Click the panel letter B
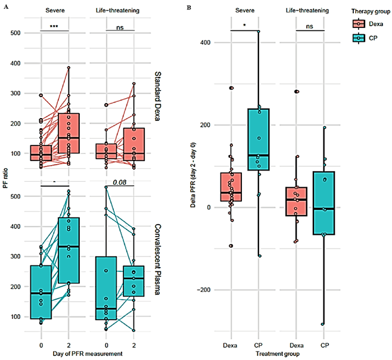click(x=189, y=8)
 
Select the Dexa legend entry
click(x=368, y=24)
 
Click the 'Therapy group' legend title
click(x=371, y=11)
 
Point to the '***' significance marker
click(x=54, y=27)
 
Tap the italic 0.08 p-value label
click(x=120, y=182)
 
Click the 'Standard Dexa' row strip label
click(x=157, y=97)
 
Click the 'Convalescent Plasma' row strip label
click(x=157, y=259)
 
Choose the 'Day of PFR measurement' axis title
click(x=88, y=353)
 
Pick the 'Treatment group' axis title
click(x=278, y=354)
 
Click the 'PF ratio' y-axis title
click(x=5, y=178)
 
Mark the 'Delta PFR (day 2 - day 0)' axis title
click(x=193, y=175)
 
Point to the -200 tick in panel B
click(x=204, y=290)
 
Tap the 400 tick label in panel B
click(x=206, y=42)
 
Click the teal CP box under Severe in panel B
click(x=259, y=139)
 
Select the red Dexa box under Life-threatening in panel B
click(x=296, y=201)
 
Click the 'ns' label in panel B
click(x=310, y=26)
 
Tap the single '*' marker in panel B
click(x=244, y=26)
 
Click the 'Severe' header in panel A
click(x=55, y=11)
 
